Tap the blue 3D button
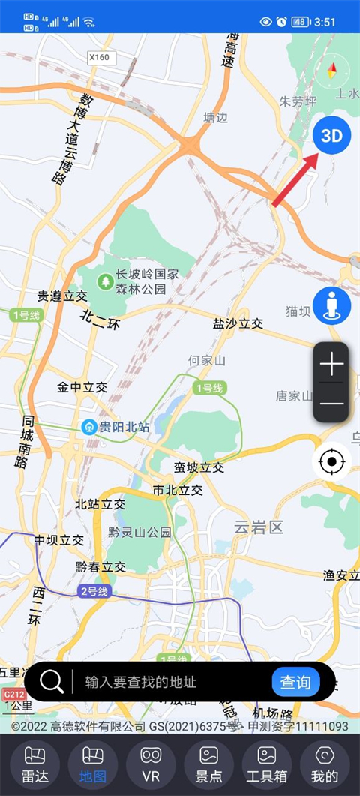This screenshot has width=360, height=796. click(331, 135)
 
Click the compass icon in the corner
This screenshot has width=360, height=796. click(332, 72)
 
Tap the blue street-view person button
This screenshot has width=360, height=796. click(331, 305)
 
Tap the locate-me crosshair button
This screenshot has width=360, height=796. click(331, 461)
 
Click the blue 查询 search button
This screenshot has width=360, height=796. click(295, 682)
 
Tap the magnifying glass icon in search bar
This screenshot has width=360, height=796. click(52, 682)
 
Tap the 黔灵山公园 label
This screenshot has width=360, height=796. click(139, 532)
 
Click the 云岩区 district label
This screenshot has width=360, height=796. click(259, 527)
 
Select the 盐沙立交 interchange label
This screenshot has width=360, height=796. click(238, 323)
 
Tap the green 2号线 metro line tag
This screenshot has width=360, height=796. click(94, 591)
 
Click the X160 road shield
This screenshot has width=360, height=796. click(98, 56)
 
